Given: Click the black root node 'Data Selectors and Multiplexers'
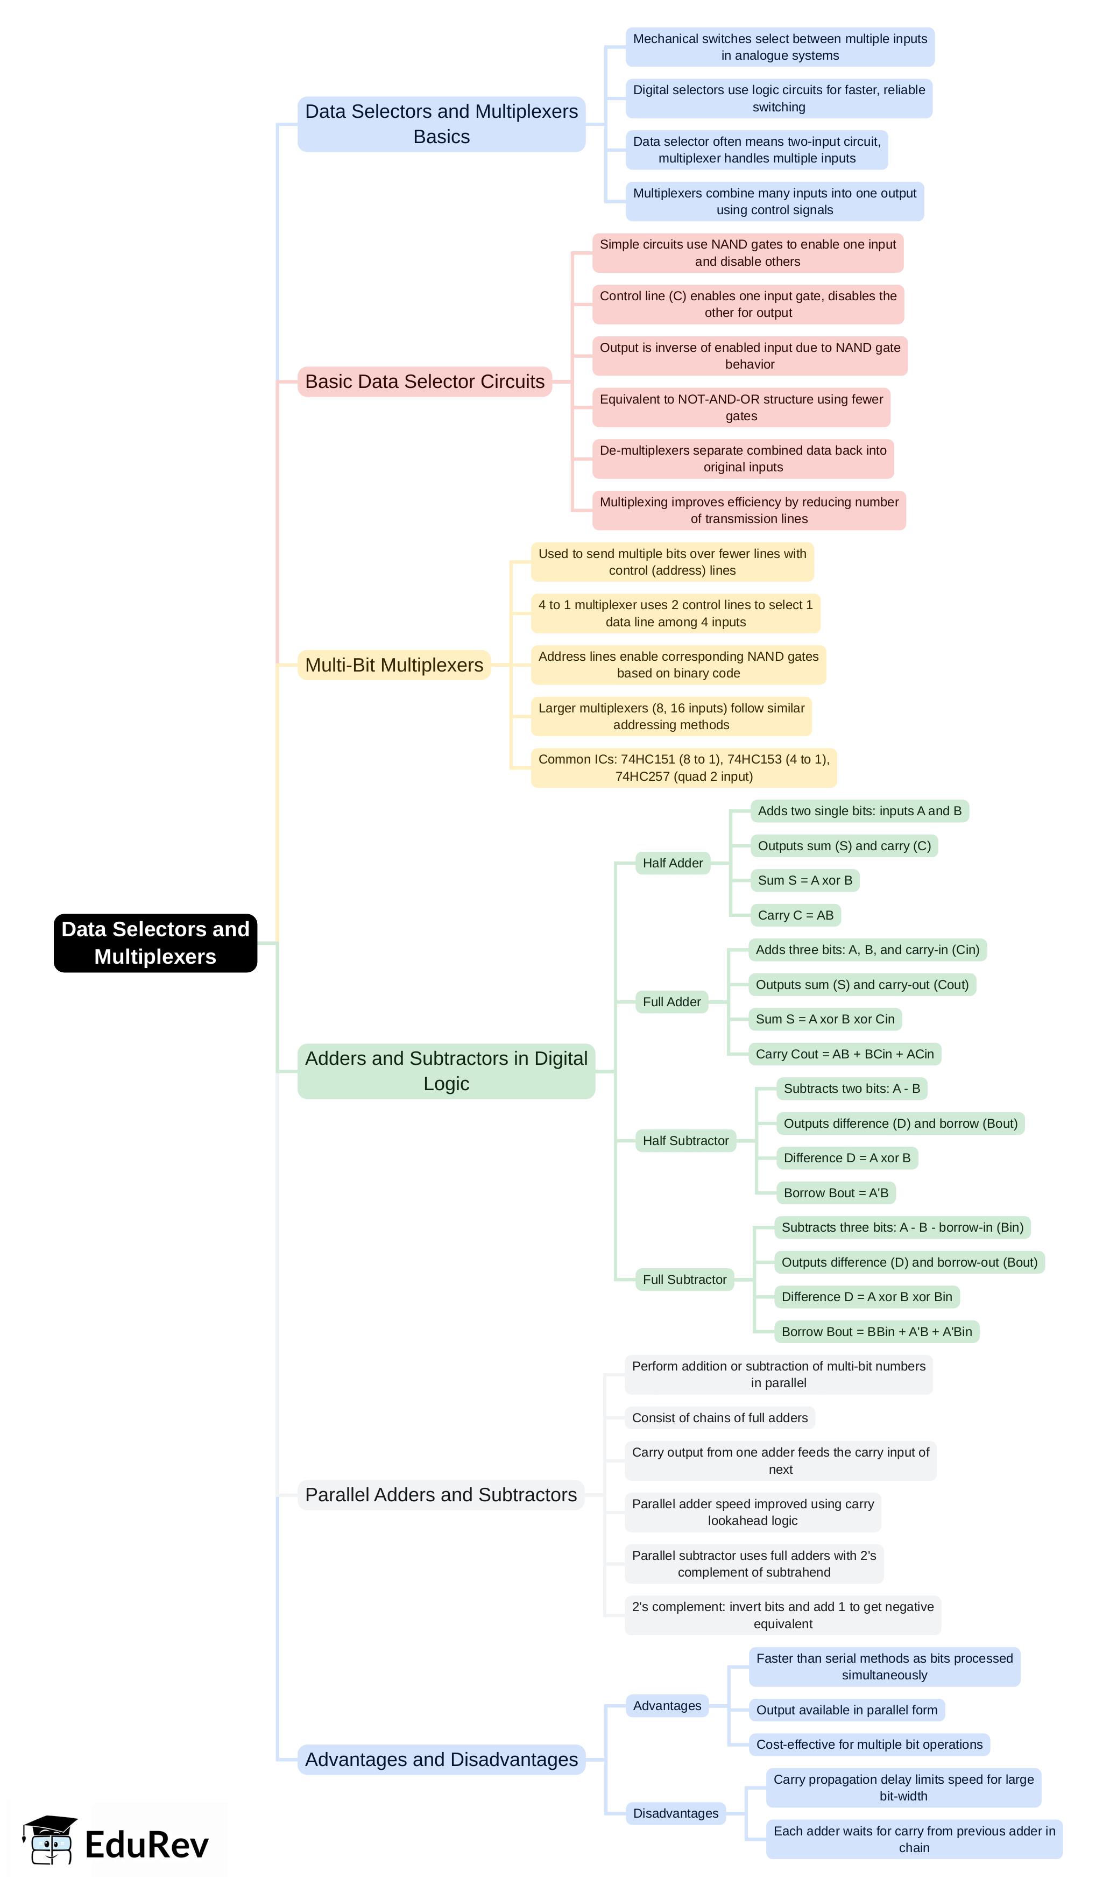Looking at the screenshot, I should [x=155, y=942].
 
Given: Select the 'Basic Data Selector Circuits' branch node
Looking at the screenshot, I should [x=425, y=382].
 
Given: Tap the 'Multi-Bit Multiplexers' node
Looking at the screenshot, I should [x=394, y=665].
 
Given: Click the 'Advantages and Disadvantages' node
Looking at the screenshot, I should [x=441, y=1760].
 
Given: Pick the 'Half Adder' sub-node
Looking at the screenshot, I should [x=672, y=863].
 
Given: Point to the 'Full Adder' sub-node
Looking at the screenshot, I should [x=671, y=1002].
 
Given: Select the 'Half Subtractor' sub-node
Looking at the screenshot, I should [x=685, y=1141].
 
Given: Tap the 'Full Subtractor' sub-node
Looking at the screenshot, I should [x=684, y=1280].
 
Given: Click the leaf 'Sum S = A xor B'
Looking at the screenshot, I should [x=804, y=880].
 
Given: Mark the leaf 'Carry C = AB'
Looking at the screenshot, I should [x=796, y=915].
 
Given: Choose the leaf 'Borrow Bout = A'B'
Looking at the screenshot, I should [x=836, y=1193].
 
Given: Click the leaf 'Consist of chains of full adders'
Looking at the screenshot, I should [x=719, y=1418].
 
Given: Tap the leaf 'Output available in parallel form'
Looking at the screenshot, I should [x=846, y=1710].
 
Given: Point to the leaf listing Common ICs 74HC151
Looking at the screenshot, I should [x=683, y=768].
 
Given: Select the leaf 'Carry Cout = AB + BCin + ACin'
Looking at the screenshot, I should [x=845, y=1054].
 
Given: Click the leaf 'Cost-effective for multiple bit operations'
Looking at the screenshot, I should [x=868, y=1744].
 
